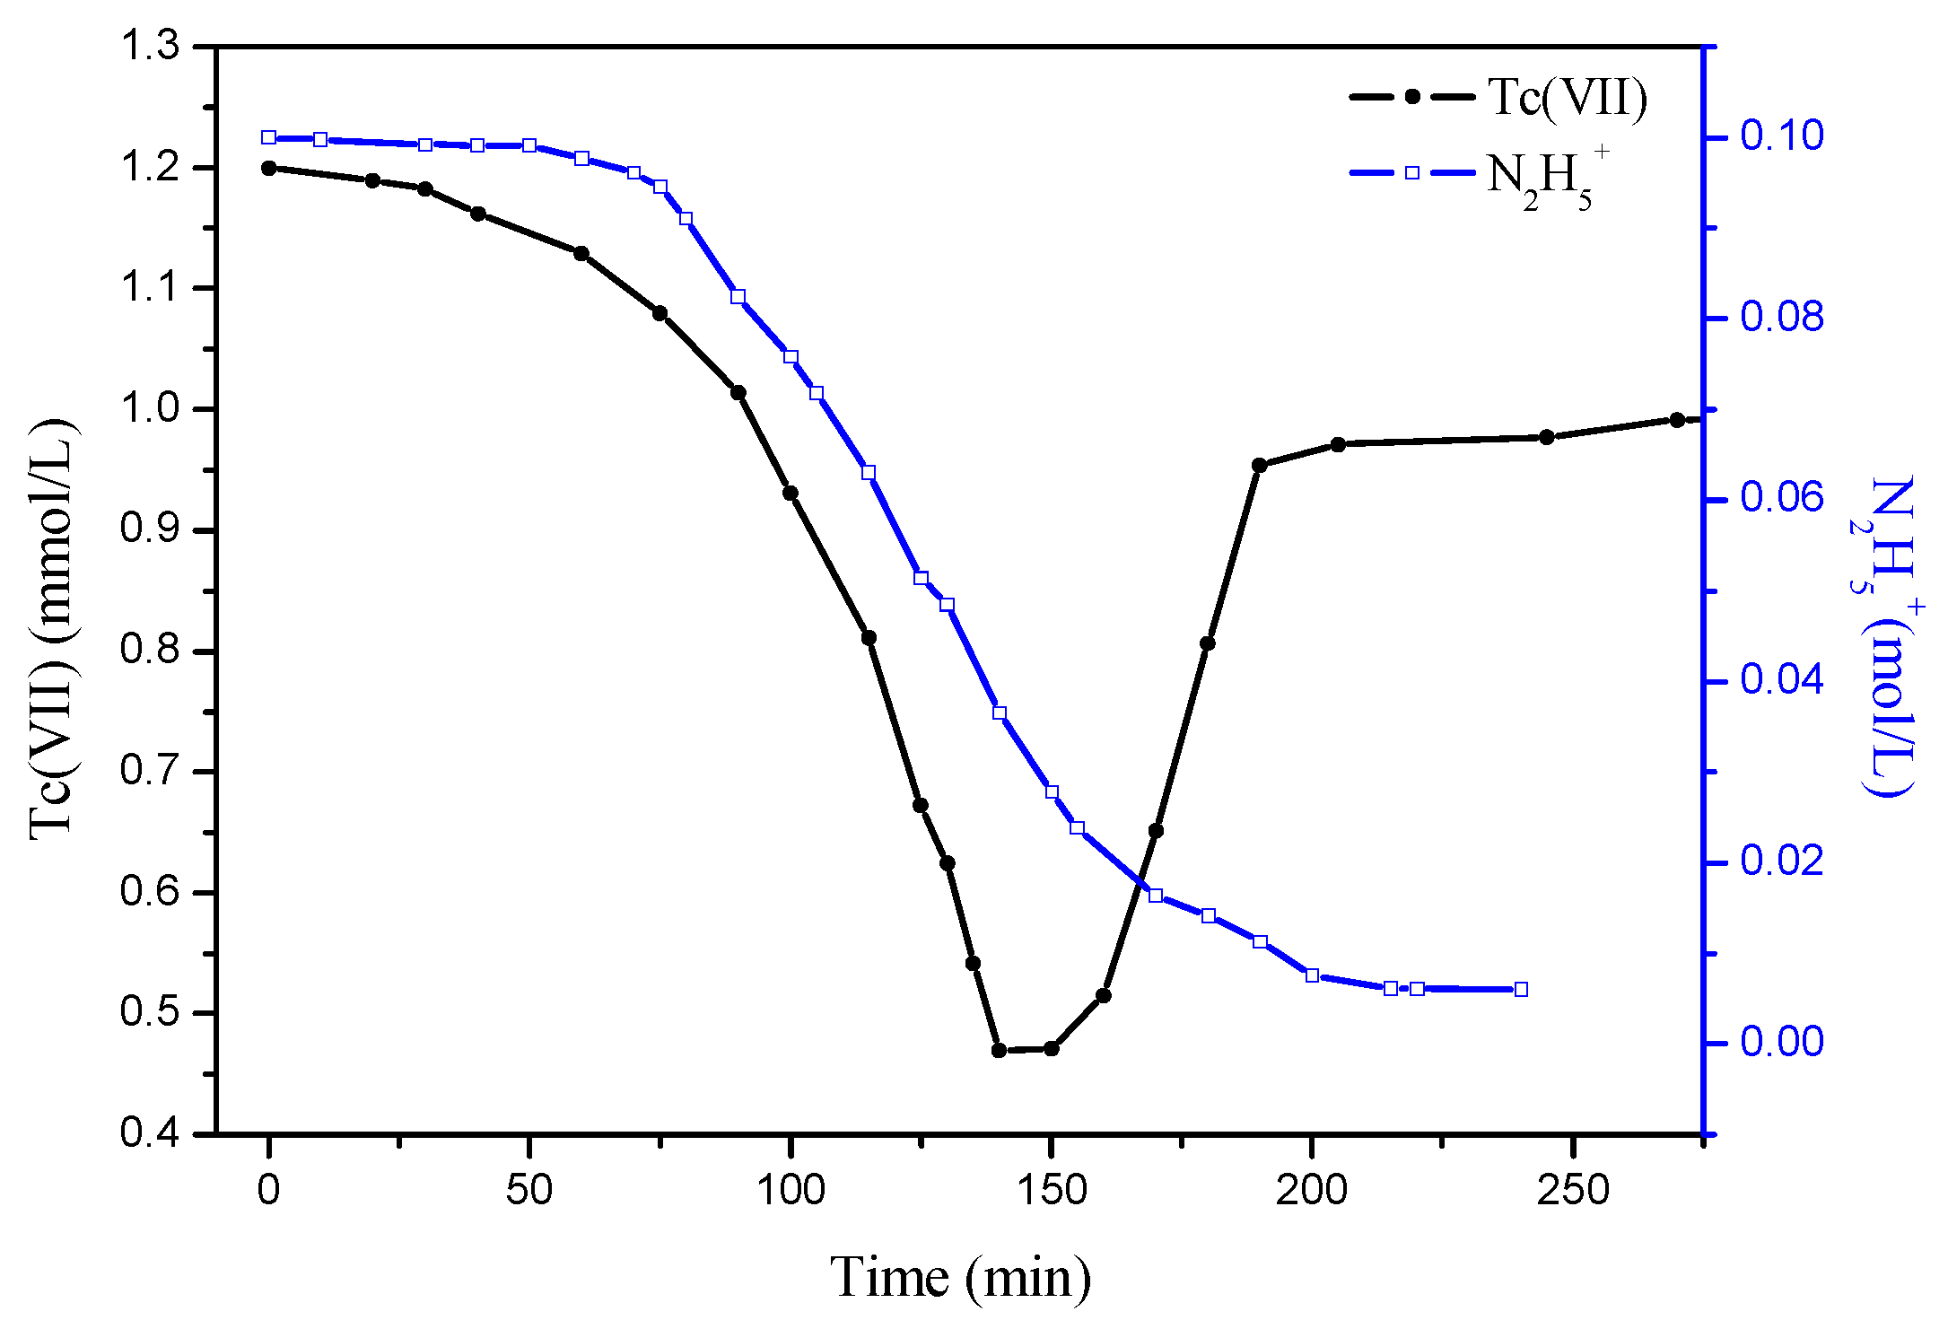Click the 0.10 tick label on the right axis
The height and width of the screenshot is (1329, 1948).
tap(1782, 136)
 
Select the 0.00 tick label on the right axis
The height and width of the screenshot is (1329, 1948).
tap(1782, 1042)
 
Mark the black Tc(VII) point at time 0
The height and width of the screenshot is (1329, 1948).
tap(269, 168)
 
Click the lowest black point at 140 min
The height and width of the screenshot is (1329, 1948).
tap(1000, 1050)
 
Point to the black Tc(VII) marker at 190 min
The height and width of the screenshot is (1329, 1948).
tap(1260, 465)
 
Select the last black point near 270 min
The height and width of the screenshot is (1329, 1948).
tap(1677, 420)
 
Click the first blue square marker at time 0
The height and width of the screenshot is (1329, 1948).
tap(269, 137)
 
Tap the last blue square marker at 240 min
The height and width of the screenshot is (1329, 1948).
tap(1521, 990)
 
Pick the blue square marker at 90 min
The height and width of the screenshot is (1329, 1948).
tap(738, 297)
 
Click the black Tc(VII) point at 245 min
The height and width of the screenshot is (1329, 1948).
tap(1547, 437)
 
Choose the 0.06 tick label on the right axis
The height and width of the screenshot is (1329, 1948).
tap(1782, 498)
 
